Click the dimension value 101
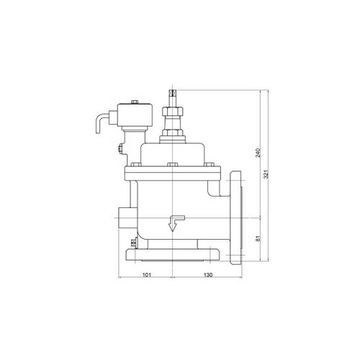click(147, 274)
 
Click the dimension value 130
click(208, 274)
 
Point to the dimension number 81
click(258, 238)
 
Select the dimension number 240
click(258, 153)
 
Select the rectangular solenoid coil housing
click(136, 116)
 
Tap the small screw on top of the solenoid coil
click(135, 102)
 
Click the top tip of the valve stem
click(173, 90)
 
